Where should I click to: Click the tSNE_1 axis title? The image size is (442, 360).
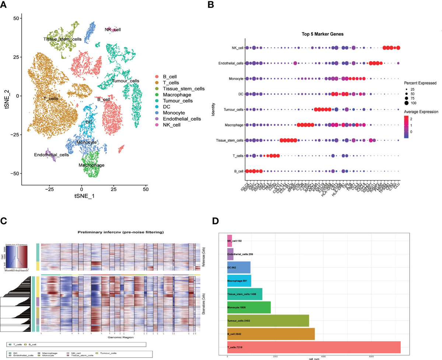(x=84, y=196)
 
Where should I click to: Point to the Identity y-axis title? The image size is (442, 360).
(x=213, y=109)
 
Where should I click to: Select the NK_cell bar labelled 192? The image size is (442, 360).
(x=230, y=241)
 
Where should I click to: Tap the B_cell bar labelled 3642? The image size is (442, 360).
(x=271, y=334)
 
